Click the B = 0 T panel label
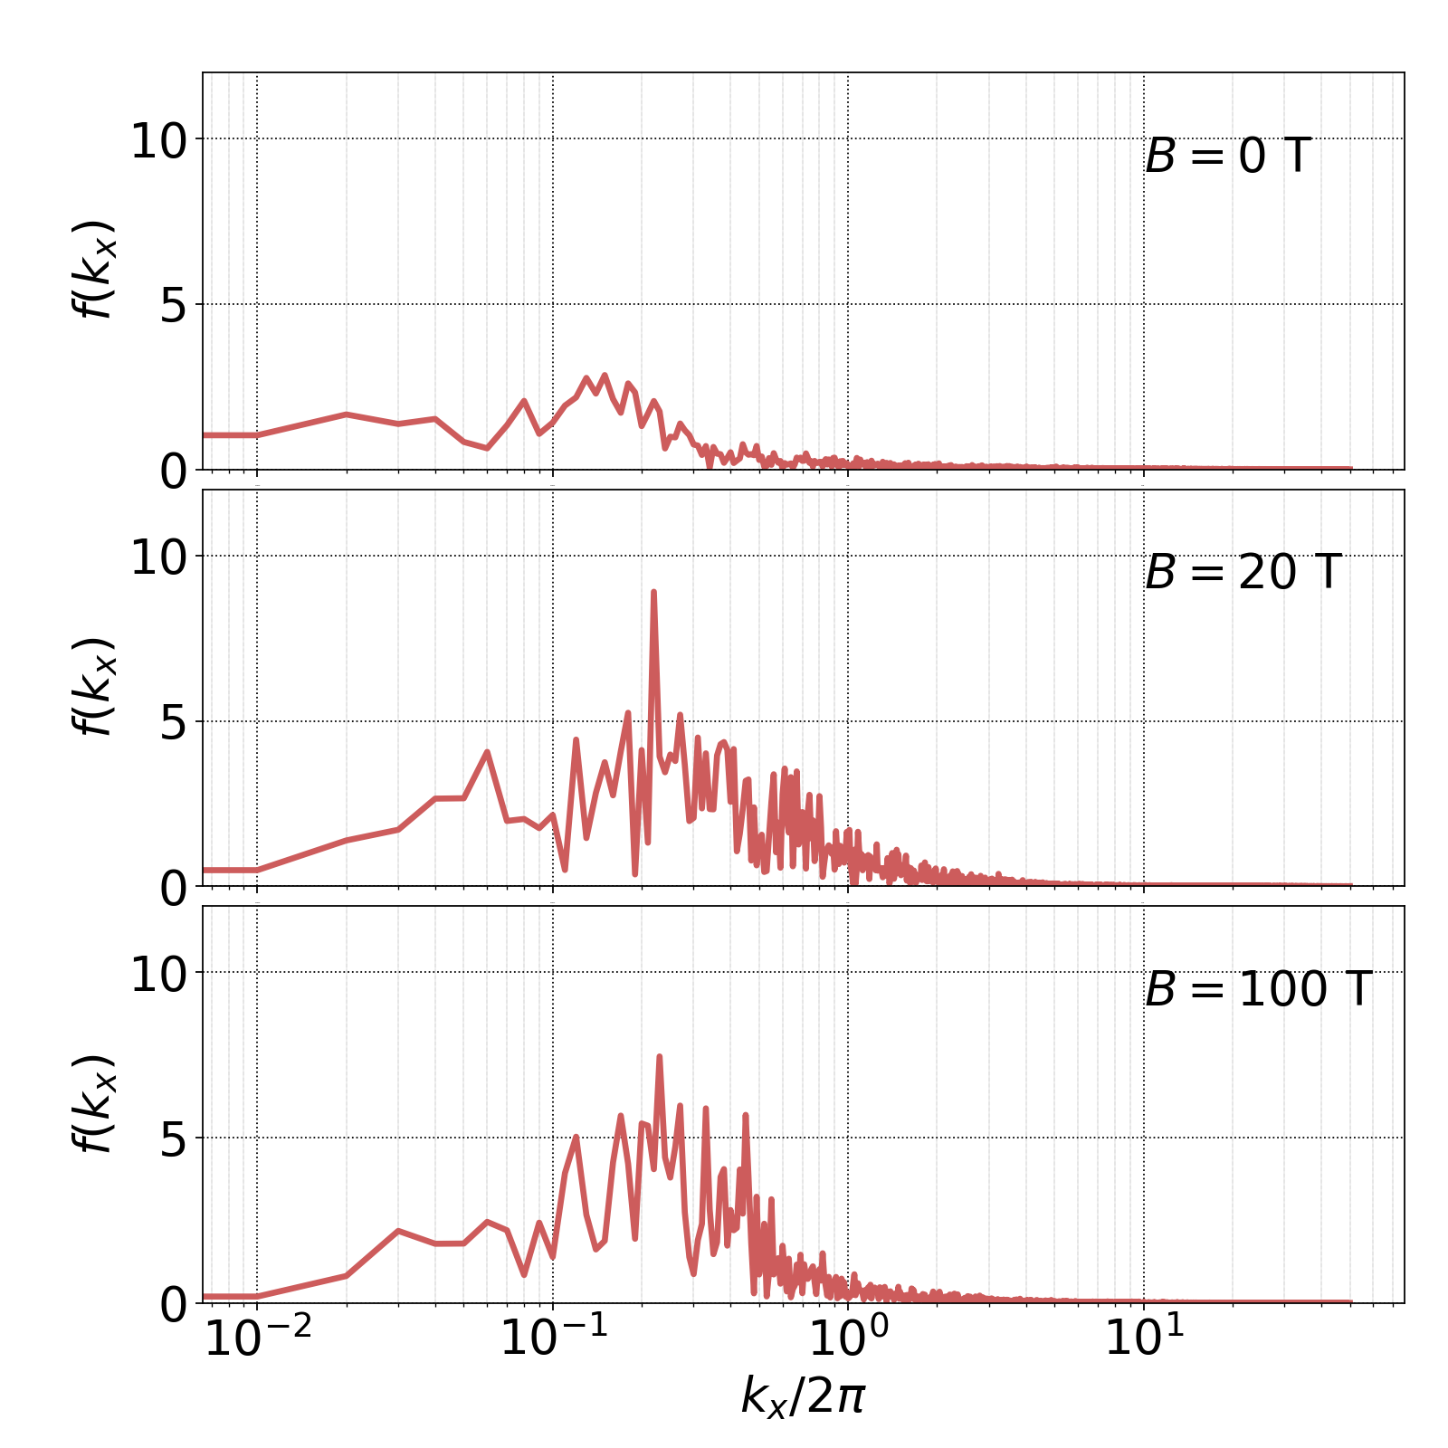pyautogui.click(x=1228, y=157)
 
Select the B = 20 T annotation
pyautogui.click(x=1243, y=573)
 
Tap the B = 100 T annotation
pyautogui.click(x=1258, y=989)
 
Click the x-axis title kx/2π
pyautogui.click(x=803, y=1395)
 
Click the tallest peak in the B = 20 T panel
pyautogui.click(x=653, y=592)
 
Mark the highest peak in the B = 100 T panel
pyautogui.click(x=659, y=1056)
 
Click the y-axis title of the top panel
pyautogui.click(x=93, y=270)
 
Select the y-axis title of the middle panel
pyautogui.click(x=93, y=686)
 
